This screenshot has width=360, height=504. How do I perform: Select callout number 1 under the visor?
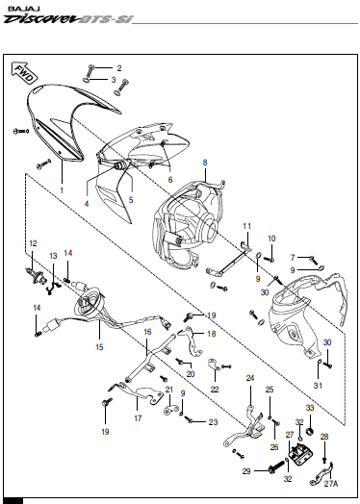pos(63,190)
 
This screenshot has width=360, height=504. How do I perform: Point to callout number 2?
pos(119,67)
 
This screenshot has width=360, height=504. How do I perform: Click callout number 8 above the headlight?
pos(205,164)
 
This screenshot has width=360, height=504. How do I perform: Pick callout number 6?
pos(170,179)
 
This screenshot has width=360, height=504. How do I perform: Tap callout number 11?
pos(246,226)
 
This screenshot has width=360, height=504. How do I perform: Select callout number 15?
pos(100,344)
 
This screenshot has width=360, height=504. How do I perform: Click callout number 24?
pos(250,378)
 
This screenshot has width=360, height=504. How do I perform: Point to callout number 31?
pos(320,386)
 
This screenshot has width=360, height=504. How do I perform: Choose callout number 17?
pos(138,418)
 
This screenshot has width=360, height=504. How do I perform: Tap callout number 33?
pos(311,409)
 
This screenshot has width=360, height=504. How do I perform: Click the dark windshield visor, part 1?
pos(53,120)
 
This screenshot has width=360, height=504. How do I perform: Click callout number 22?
pos(215,389)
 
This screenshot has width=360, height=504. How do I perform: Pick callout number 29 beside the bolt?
pos(246,470)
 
